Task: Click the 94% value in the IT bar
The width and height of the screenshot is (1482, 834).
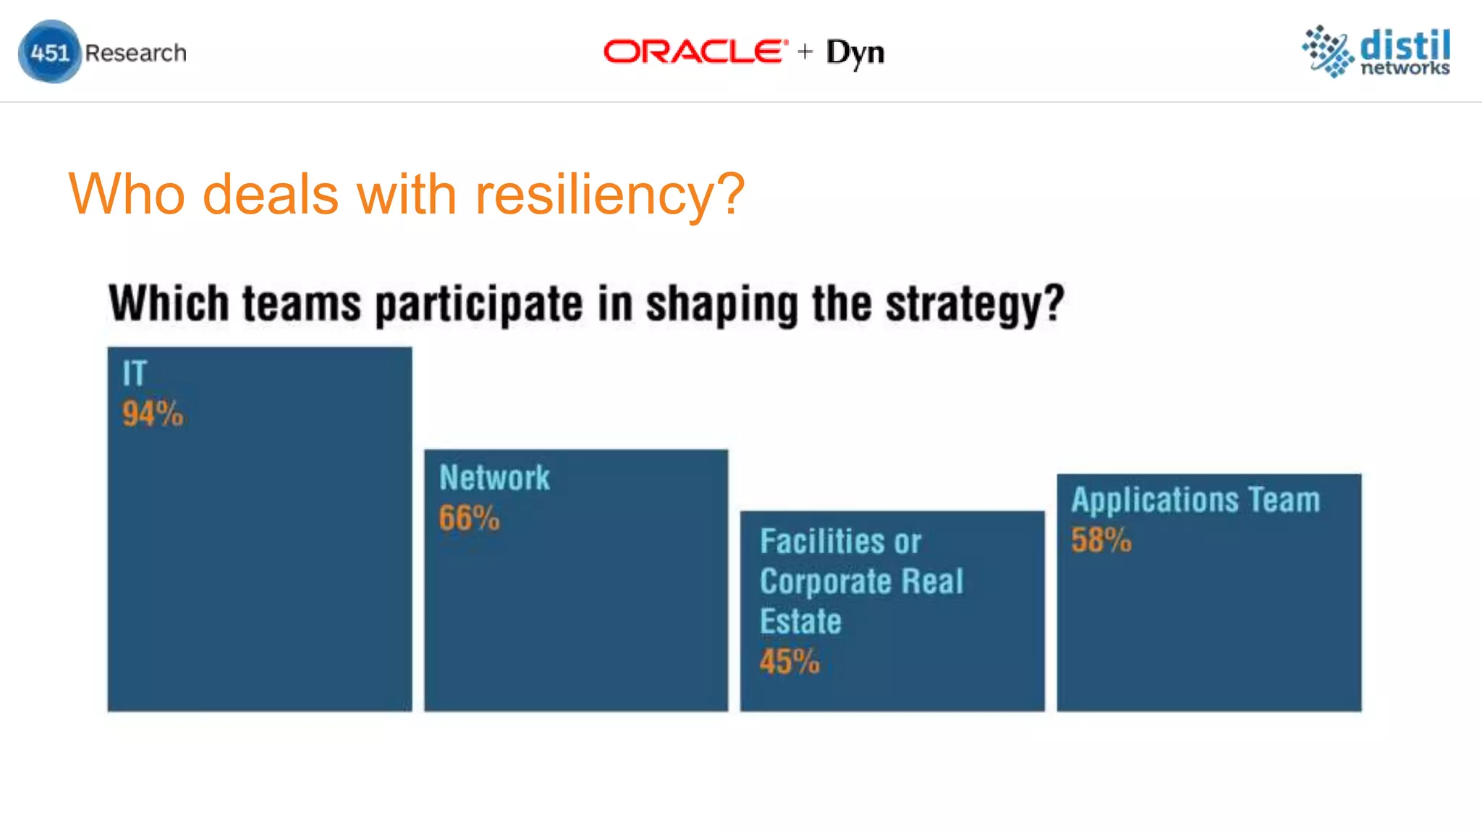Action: pyautogui.click(x=153, y=414)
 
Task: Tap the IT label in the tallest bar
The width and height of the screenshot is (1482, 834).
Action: pyautogui.click(x=135, y=374)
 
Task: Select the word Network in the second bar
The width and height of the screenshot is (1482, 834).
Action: pyautogui.click(x=494, y=478)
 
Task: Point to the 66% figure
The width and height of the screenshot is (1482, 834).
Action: pyautogui.click(x=469, y=518)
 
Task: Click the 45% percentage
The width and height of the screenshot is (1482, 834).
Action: pyautogui.click(x=789, y=662)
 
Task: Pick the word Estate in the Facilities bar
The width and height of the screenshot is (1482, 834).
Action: pyautogui.click(x=800, y=622)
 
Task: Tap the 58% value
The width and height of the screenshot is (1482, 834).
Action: pyautogui.click(x=1101, y=540)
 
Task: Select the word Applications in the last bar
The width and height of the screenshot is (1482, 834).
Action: pyautogui.click(x=1155, y=500)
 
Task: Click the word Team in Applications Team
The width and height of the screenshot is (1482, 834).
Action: pyautogui.click(x=1284, y=500)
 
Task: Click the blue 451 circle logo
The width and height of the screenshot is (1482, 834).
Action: pyautogui.click(x=49, y=52)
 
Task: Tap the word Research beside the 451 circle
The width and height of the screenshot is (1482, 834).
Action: pyautogui.click(x=135, y=53)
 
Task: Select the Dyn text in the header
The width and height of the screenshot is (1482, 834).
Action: pyautogui.click(x=855, y=53)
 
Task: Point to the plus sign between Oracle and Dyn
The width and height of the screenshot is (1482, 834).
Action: pyautogui.click(x=805, y=51)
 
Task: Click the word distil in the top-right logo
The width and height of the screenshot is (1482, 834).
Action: pyautogui.click(x=1405, y=45)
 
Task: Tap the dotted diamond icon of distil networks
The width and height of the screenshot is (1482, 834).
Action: pyautogui.click(x=1328, y=51)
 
